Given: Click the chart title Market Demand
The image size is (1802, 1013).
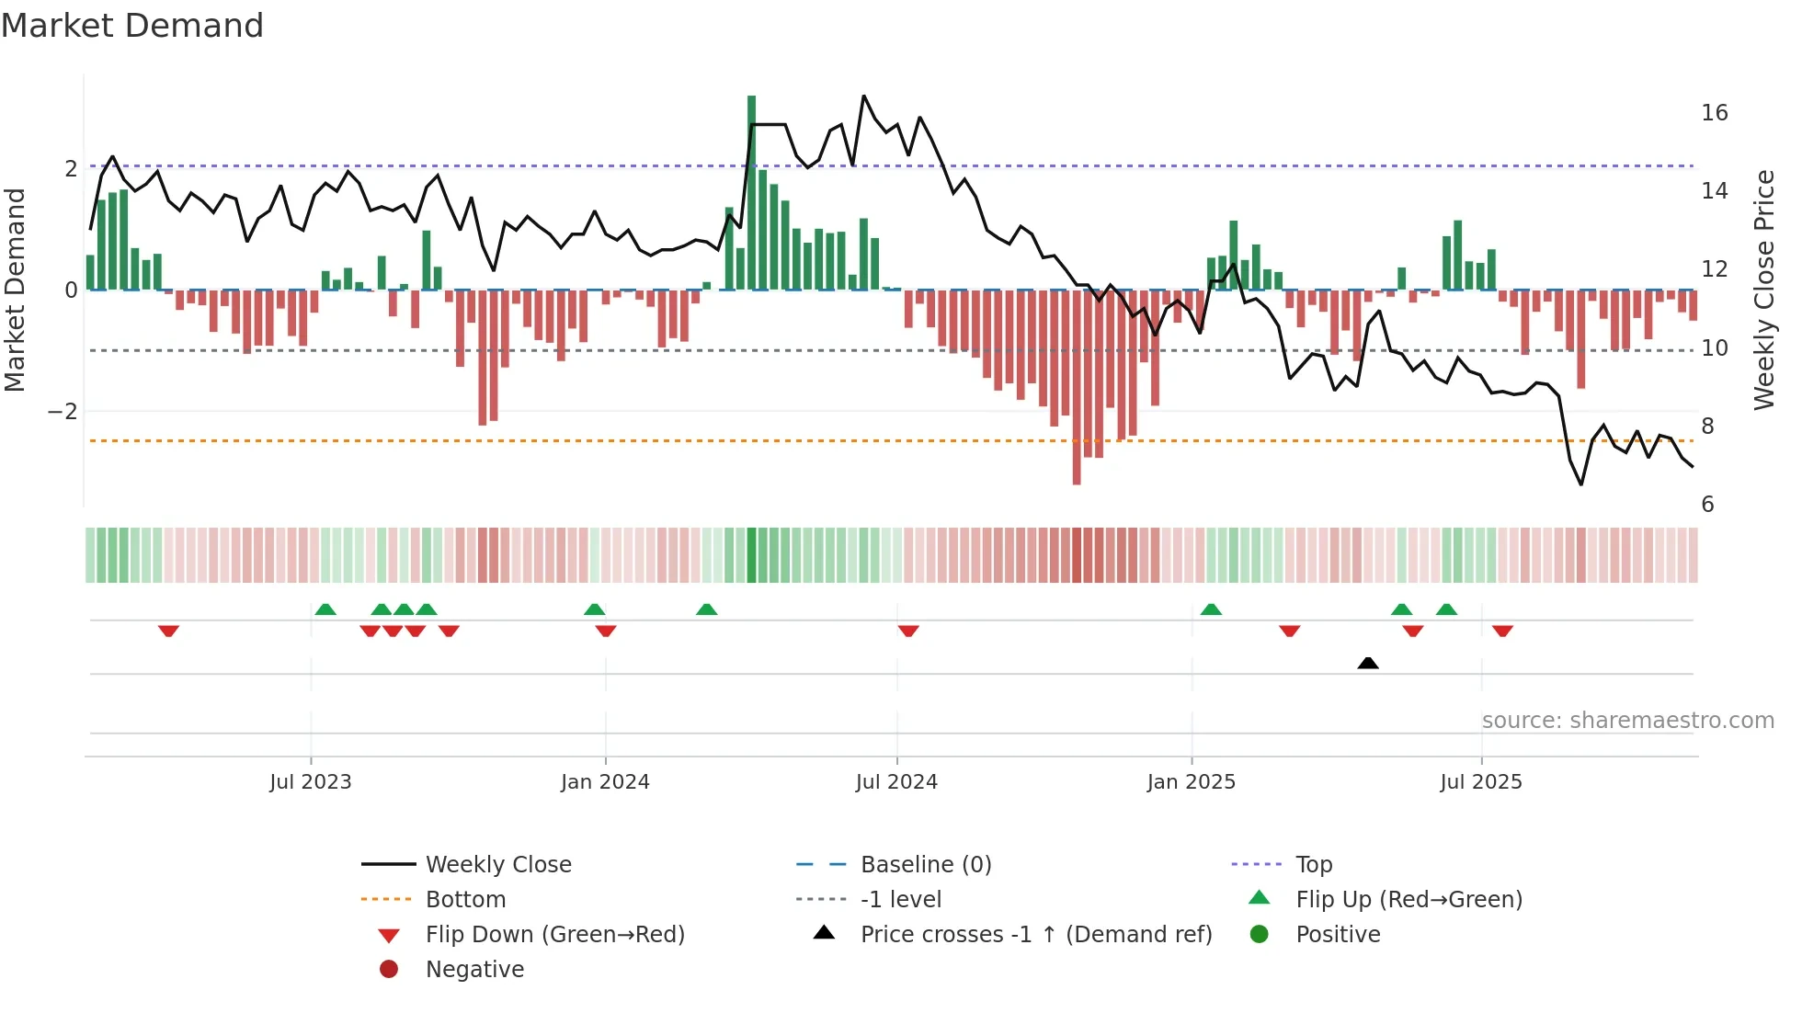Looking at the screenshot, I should [x=132, y=26].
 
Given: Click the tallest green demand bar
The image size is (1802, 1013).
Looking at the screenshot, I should [x=751, y=193].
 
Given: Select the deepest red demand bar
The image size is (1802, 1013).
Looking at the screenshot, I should [x=1077, y=386].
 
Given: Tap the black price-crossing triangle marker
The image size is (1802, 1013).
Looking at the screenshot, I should [x=1368, y=663].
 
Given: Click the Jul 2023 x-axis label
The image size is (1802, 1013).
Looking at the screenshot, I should [x=311, y=782].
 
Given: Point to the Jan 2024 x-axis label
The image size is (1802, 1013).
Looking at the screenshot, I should [x=605, y=782].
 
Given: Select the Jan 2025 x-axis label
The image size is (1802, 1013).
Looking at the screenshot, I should [x=1192, y=782].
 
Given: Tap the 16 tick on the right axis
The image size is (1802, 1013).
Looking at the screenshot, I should [x=1715, y=113].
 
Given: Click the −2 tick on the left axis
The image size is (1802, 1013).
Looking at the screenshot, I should [x=63, y=412].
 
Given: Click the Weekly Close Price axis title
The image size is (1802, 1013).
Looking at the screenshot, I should [x=1763, y=290].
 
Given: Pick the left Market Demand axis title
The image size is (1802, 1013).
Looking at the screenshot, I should [x=16, y=290].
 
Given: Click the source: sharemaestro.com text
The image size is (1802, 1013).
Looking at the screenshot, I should [x=1627, y=721].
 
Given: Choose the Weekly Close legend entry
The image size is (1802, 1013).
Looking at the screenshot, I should [x=497, y=865].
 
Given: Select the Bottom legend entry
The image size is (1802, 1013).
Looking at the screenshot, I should [x=465, y=900].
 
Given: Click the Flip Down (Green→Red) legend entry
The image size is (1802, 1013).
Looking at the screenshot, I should [x=554, y=935].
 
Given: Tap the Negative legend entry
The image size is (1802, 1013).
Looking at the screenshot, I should [x=474, y=970].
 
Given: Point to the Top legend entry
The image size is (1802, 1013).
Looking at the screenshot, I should [x=1314, y=865].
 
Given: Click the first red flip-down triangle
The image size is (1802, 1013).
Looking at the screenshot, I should [x=168, y=631].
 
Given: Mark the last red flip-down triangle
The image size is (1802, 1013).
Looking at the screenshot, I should [x=1503, y=631].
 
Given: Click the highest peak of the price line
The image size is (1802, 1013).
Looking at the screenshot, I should [x=863, y=97].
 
